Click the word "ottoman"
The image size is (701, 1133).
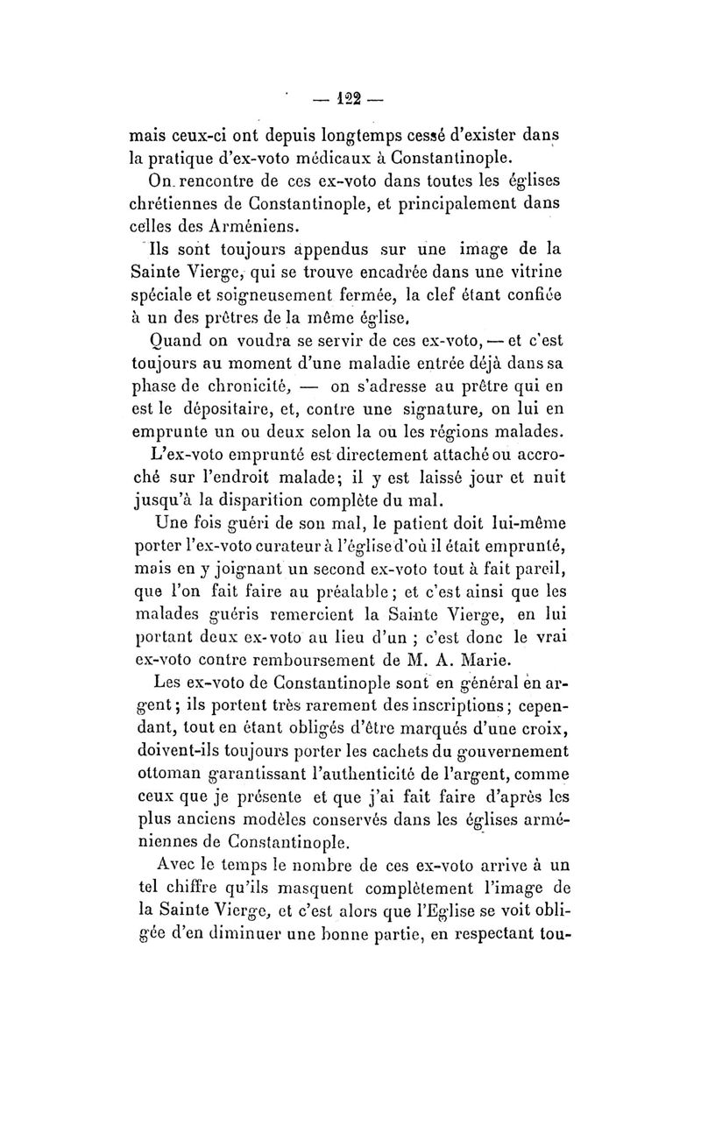(x=162, y=775)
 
